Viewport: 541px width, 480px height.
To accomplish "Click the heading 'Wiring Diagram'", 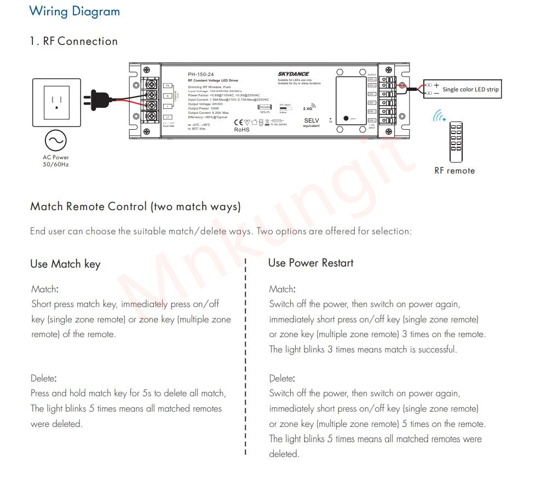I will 74,11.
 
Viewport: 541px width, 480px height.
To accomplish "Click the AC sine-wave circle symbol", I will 56,141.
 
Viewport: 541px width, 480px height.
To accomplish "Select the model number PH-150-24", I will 201,74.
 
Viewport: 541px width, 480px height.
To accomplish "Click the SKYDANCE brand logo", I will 293,74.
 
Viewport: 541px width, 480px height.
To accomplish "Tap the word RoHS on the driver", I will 242,130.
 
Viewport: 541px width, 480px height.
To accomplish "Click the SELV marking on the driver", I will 311,120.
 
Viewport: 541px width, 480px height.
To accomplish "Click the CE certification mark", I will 239,122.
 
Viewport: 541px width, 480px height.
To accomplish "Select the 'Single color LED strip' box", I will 462,89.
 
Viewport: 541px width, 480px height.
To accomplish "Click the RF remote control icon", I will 456,142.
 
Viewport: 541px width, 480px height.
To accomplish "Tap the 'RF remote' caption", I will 454,171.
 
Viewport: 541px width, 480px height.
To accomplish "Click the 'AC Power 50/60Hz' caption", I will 56,161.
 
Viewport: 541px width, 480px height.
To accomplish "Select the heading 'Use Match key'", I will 65,264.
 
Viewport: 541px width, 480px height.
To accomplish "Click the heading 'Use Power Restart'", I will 310,263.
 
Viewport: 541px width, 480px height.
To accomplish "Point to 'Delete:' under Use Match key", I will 44,378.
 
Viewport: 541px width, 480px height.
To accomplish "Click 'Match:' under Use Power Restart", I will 282,289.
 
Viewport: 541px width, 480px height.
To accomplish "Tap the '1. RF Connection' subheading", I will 73,41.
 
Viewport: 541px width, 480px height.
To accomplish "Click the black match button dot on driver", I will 346,118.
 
